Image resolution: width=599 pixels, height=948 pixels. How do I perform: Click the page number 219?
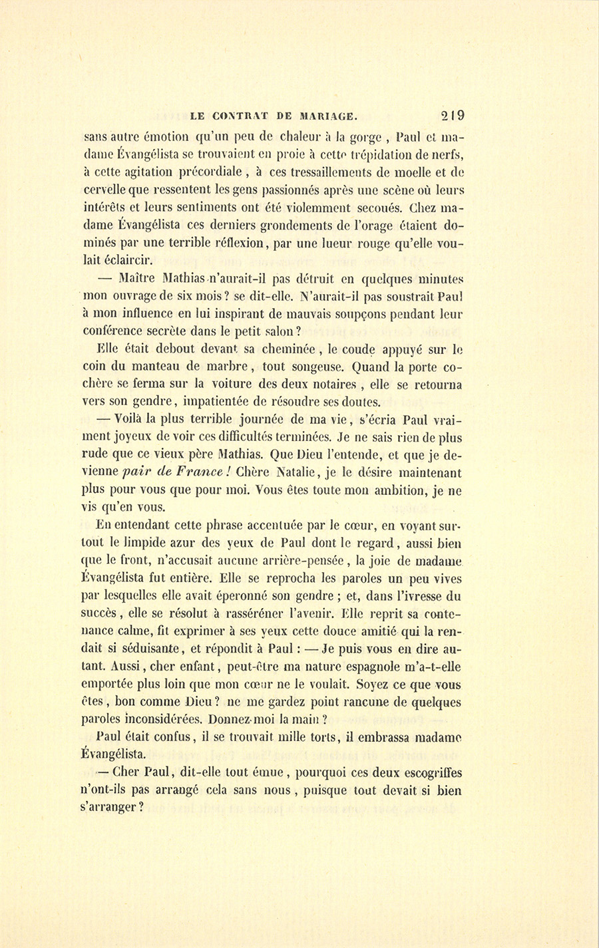[451, 115]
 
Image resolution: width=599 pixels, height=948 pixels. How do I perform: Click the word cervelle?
[109, 192]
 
